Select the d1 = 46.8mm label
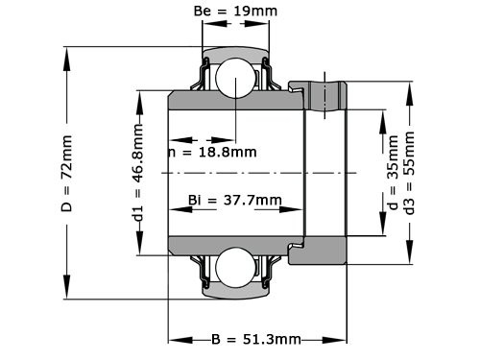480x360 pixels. pyautogui.click(x=138, y=173)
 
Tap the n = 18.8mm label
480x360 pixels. pyautogui.click(x=212, y=151)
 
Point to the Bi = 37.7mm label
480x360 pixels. pyautogui.click(x=235, y=200)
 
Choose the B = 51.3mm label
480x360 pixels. pyautogui.click(x=255, y=340)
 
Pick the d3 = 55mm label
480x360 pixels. pyautogui.click(x=411, y=173)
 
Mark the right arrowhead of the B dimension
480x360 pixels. pyautogui.click(x=341, y=339)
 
